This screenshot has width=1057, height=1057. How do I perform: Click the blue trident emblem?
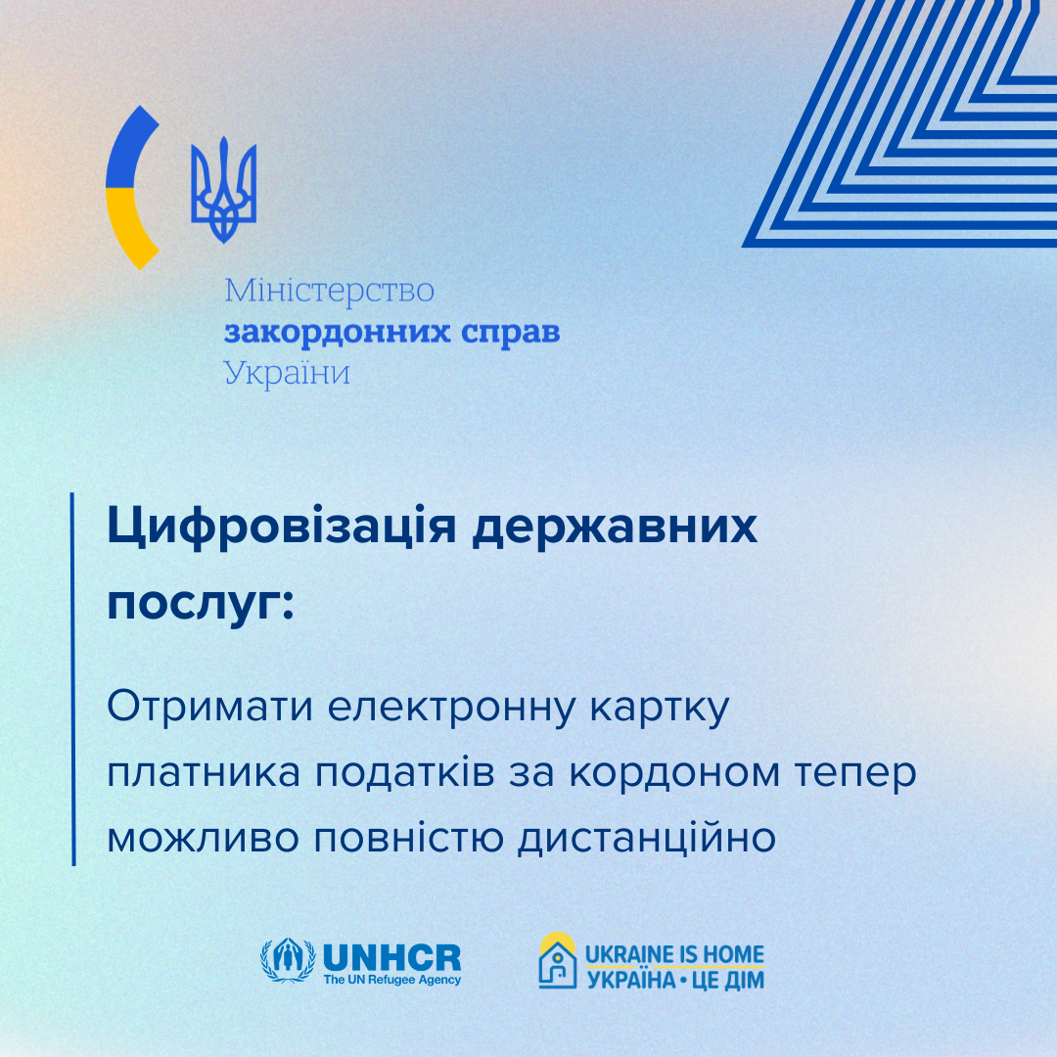(224, 190)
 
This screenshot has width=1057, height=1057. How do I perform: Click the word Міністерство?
(329, 291)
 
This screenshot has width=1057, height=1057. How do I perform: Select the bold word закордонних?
(337, 333)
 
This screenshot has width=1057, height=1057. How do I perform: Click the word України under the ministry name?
(287, 373)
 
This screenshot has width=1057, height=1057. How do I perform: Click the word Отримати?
(209, 708)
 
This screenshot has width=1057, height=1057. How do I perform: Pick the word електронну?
(451, 709)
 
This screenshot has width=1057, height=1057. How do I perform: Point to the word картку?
(661, 709)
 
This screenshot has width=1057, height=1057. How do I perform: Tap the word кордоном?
(674, 774)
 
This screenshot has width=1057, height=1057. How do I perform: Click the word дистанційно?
(647, 839)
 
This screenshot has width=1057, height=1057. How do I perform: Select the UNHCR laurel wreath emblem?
(288, 961)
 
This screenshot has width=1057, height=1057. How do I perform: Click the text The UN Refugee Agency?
(392, 980)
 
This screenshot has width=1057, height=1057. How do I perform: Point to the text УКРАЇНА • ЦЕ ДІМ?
(675, 980)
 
